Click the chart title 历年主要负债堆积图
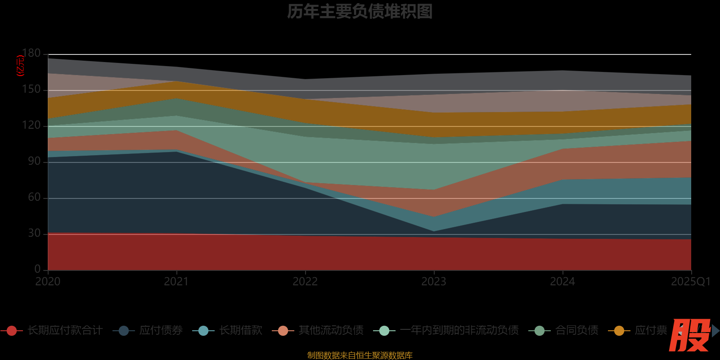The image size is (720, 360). pos(360,12)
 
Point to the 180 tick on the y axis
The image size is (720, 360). pos(31,54)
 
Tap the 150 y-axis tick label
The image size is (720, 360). pos(31,90)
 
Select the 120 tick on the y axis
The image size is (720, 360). pos(31,126)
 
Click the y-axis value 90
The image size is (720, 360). pos(34,162)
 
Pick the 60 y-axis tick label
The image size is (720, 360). pos(34,198)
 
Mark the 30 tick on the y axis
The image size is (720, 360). pos(34,234)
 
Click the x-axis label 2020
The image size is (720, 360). pos(48,282)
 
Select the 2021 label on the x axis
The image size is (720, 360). pos(176,282)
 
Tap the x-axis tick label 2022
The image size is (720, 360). pos(305,282)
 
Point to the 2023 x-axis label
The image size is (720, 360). pos(434,282)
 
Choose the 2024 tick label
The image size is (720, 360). pos(562,282)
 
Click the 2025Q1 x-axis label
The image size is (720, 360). pos(690,282)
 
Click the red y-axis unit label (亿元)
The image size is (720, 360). pos(20,66)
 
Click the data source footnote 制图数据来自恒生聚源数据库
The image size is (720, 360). pos(360,355)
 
